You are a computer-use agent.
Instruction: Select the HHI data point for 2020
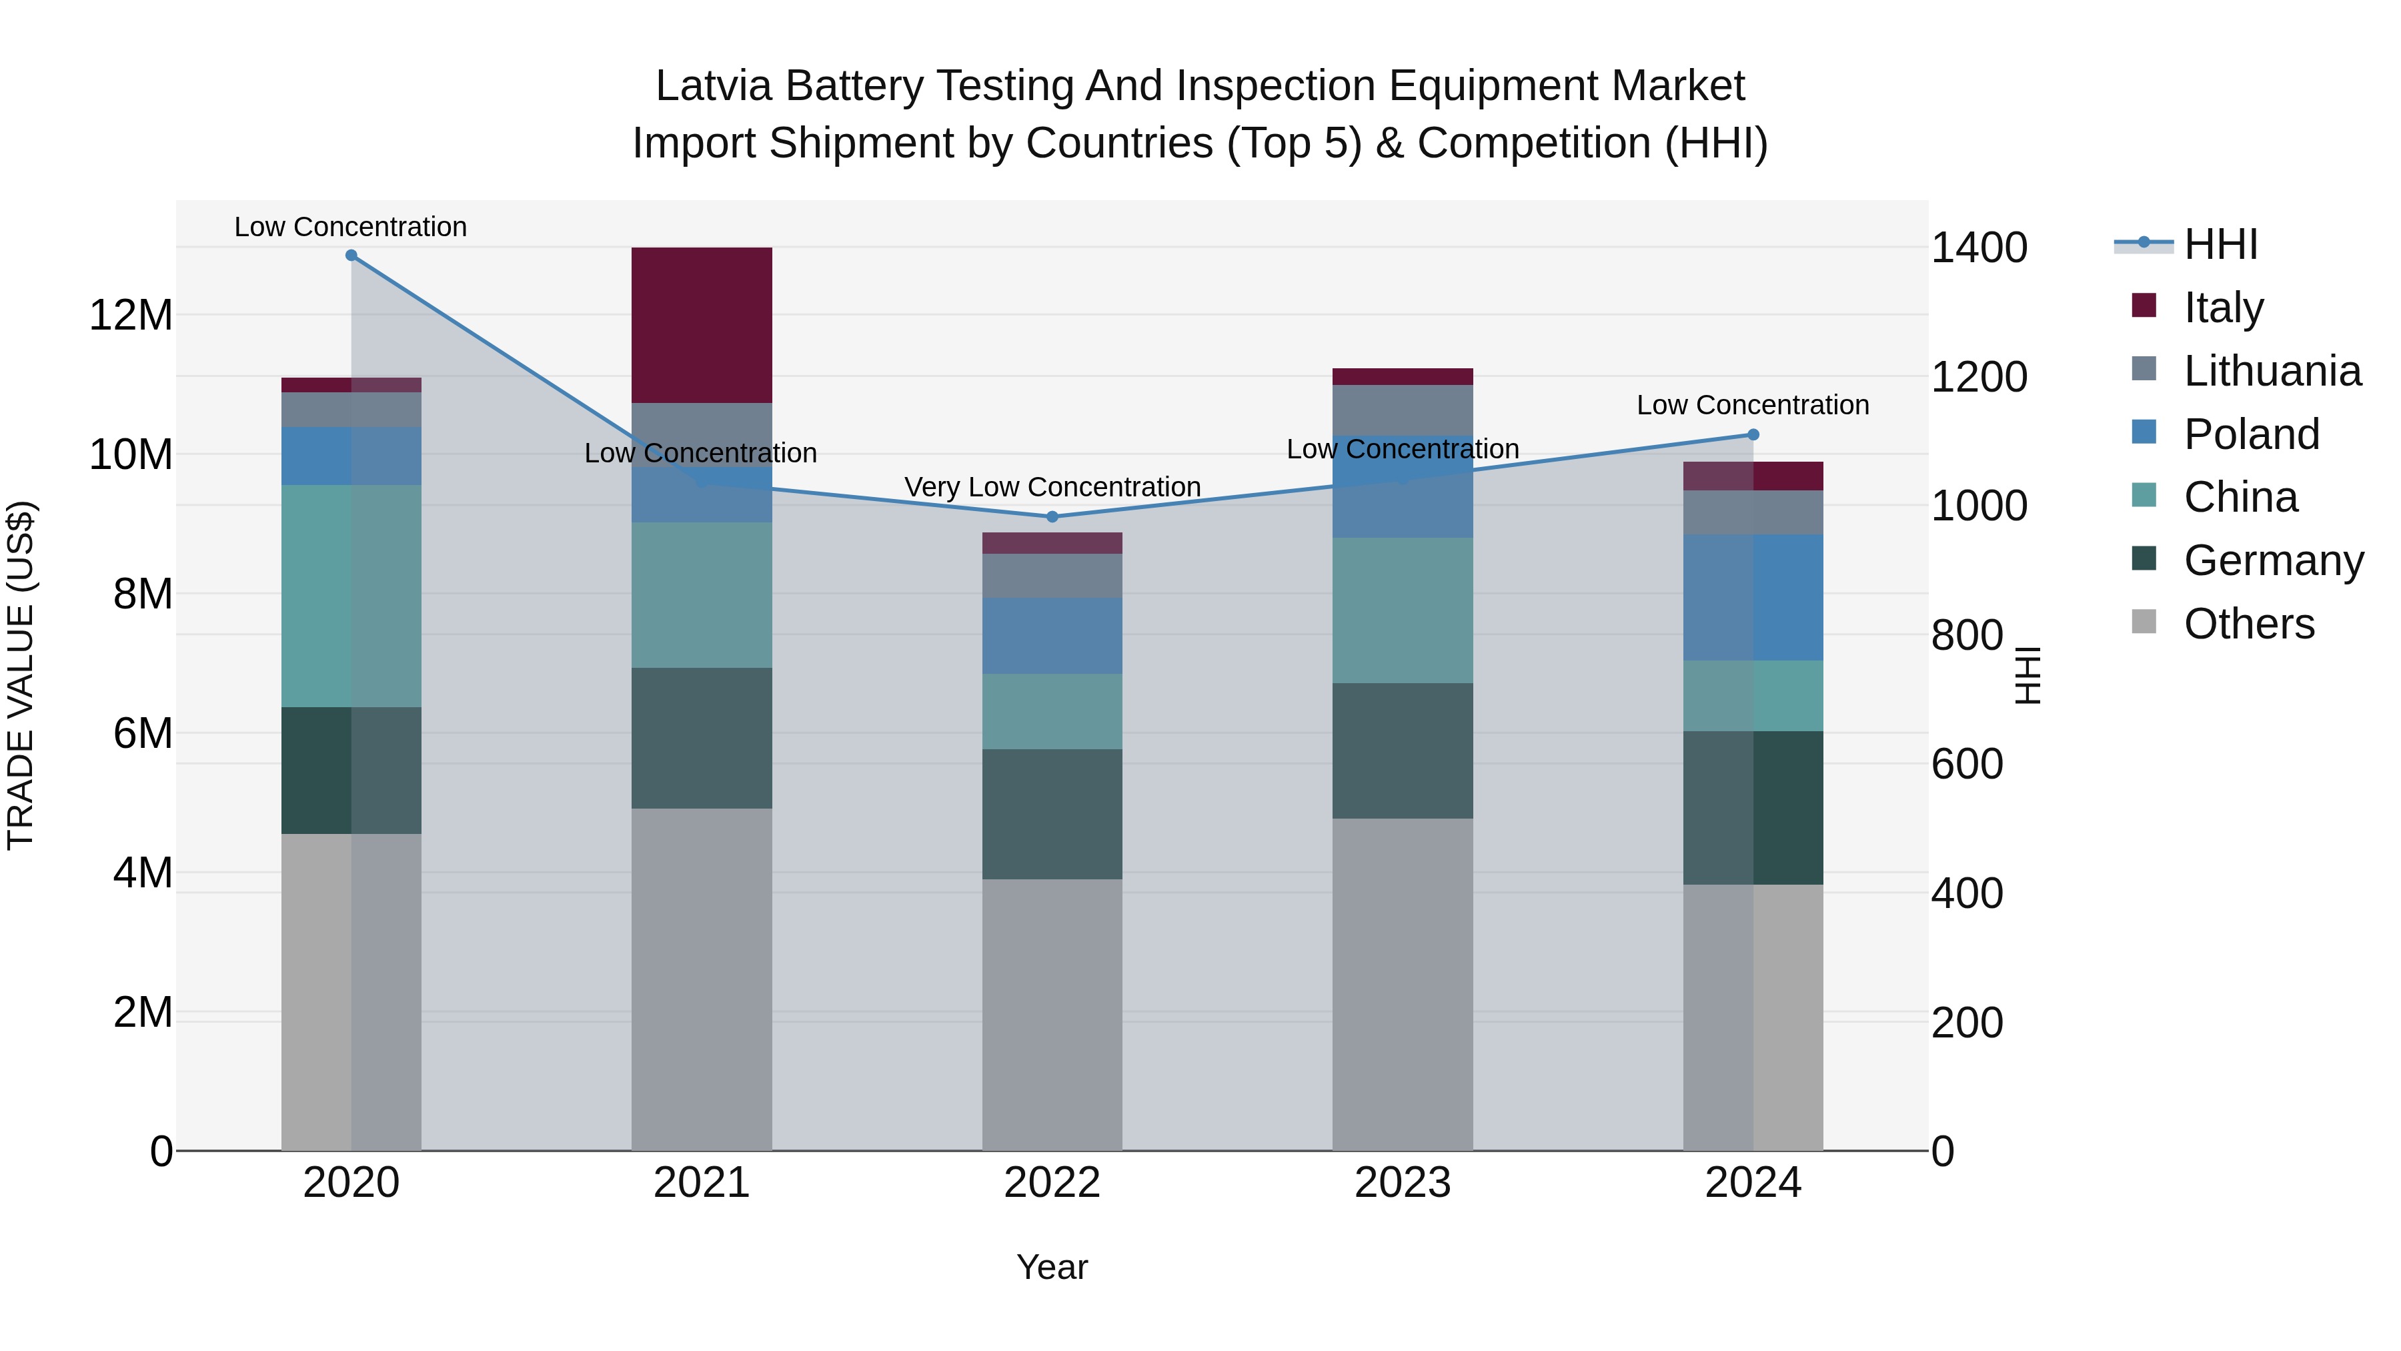click(x=351, y=256)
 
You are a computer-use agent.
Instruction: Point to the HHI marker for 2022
click(x=1052, y=516)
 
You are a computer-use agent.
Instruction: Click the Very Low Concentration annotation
click(x=1052, y=487)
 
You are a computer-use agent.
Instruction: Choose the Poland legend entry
click(x=2251, y=434)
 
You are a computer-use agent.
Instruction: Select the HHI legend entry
click(x=2220, y=244)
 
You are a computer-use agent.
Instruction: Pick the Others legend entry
click(x=2248, y=624)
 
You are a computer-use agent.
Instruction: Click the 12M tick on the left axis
click(x=131, y=315)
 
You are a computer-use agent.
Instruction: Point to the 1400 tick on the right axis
click(x=1979, y=248)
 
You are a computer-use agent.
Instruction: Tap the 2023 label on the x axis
click(x=1402, y=1183)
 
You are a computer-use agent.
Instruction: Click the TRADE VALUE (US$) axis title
click(x=21, y=675)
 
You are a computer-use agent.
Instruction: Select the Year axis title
click(x=1052, y=1267)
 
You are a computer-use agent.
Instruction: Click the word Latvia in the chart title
click(x=713, y=86)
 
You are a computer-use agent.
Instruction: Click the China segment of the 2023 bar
click(x=1402, y=610)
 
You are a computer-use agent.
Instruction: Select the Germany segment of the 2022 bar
click(x=1052, y=813)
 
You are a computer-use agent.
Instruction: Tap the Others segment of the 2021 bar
click(x=701, y=979)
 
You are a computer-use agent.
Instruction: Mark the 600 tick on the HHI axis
click(x=1967, y=765)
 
